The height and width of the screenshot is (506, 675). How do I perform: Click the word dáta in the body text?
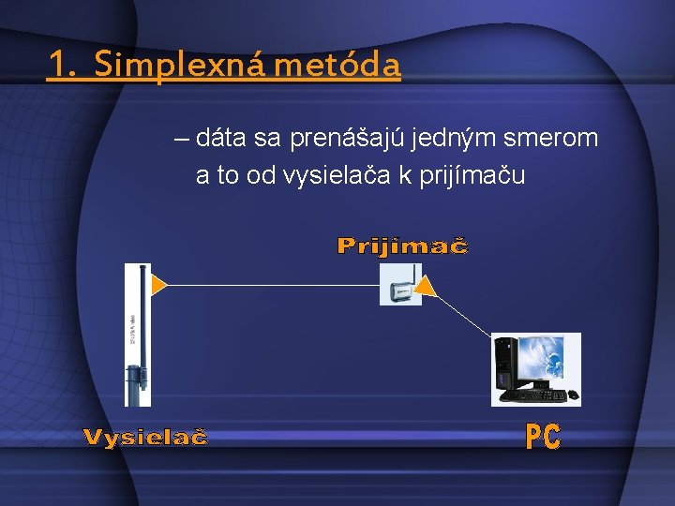click(222, 139)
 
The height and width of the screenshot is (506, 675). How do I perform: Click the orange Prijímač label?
click(402, 246)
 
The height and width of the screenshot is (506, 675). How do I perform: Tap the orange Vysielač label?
click(145, 438)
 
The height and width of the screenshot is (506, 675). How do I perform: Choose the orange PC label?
click(543, 437)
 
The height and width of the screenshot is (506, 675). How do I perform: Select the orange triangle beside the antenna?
click(159, 284)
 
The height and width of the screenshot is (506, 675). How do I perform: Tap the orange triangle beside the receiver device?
click(426, 286)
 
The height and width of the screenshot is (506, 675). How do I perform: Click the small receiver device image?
click(400, 285)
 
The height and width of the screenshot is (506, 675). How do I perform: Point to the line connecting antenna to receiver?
click(272, 284)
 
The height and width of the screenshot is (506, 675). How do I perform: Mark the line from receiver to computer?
click(464, 314)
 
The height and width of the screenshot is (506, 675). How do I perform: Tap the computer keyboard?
click(534, 395)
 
